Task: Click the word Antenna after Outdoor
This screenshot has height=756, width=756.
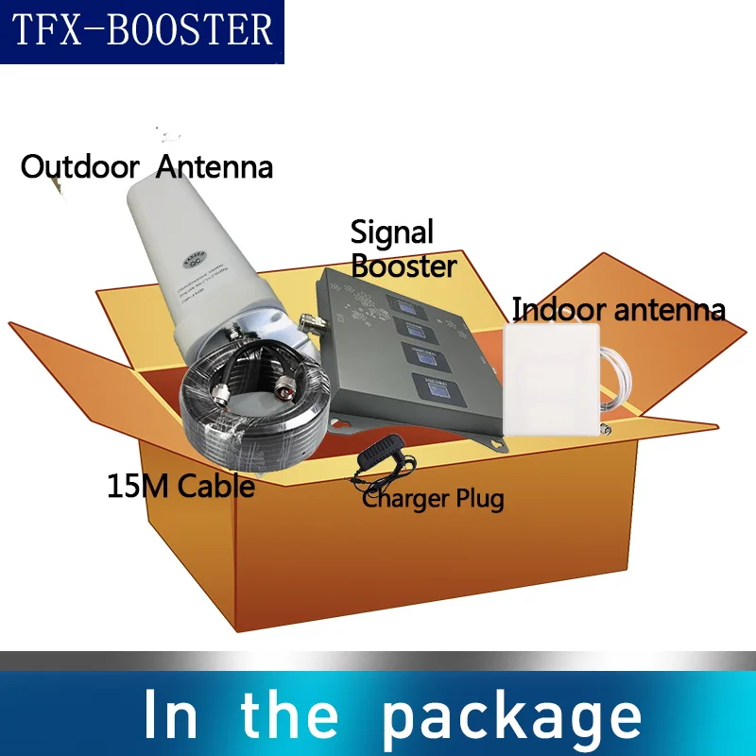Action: pos(215,167)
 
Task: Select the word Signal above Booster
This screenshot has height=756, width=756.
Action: pos(392,232)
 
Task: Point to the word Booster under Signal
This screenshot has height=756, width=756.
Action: pos(404,266)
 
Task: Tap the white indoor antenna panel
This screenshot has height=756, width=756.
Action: pos(552,378)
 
